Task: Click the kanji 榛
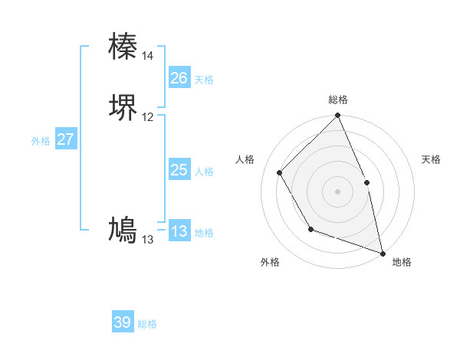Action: click(123, 46)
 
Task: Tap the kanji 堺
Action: click(123, 107)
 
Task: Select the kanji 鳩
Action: click(123, 230)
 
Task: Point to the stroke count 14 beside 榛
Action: click(147, 56)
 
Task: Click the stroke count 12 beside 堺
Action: click(147, 117)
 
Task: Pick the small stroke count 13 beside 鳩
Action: click(147, 240)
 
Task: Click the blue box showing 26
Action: click(179, 78)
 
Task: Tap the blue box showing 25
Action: click(179, 170)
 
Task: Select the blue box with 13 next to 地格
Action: click(179, 231)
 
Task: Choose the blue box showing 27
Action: click(65, 139)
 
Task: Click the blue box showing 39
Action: click(123, 322)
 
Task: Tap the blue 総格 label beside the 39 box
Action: click(147, 324)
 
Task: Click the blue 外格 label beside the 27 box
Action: click(41, 141)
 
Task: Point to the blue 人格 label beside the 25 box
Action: click(204, 172)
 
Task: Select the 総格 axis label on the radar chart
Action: click(337, 100)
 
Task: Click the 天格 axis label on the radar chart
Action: click(431, 159)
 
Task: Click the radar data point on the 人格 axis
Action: click(280, 172)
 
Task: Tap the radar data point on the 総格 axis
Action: click(337, 116)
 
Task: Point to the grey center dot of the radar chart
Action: click(337, 191)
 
